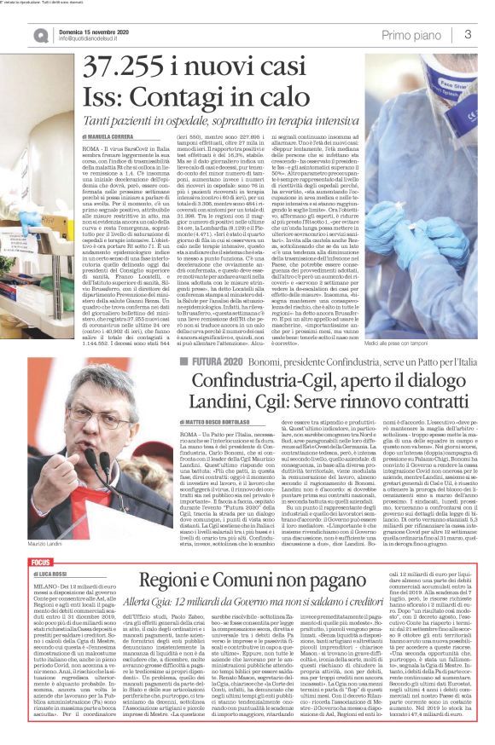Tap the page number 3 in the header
pos(468,34)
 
